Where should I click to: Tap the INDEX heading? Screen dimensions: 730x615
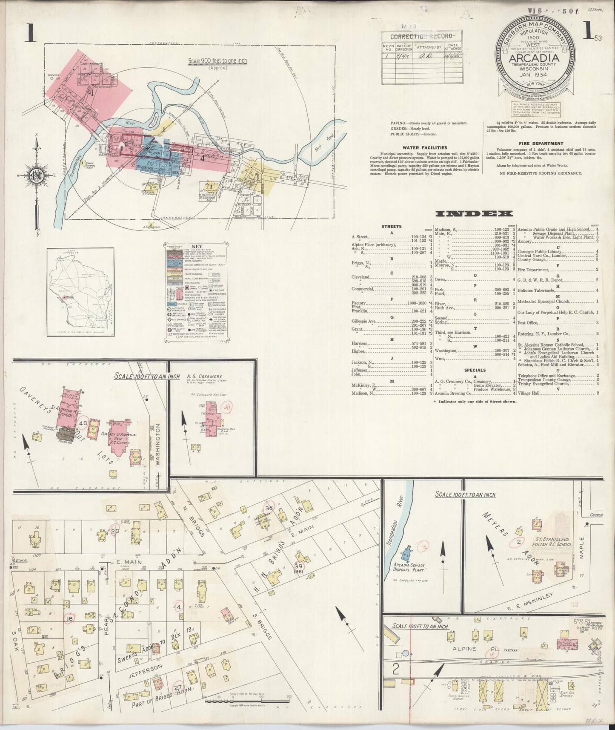(x=473, y=214)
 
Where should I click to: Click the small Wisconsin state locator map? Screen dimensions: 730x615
(x=80, y=290)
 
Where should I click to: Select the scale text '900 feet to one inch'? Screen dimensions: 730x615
(x=217, y=61)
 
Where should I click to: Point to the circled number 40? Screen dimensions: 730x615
(x=83, y=424)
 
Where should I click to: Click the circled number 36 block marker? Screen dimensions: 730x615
(x=269, y=508)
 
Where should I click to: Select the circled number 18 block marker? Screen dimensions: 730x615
(x=69, y=618)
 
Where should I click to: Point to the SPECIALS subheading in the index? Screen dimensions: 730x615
(x=475, y=370)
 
